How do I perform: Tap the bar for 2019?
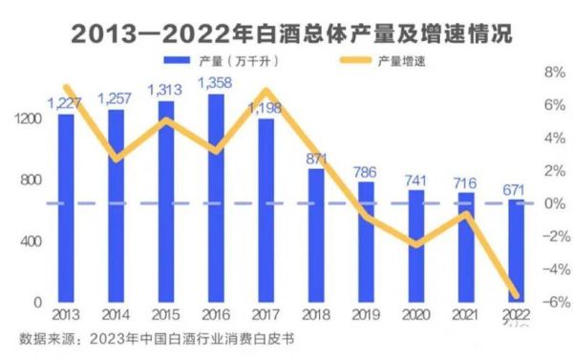366,243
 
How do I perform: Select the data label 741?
415,179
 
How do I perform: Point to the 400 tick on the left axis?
31,242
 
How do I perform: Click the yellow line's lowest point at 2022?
515,296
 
